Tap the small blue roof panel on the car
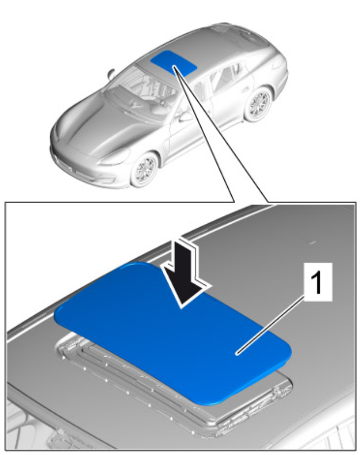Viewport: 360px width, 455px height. [x=174, y=63]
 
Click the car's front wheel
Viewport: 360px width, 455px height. [x=144, y=170]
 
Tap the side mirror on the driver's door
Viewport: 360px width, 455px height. [x=185, y=116]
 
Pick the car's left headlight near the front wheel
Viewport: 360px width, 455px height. [x=115, y=157]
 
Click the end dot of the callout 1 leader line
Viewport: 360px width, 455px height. [x=237, y=353]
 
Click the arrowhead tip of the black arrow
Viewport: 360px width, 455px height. [x=182, y=308]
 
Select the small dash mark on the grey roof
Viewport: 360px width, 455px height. [x=312, y=242]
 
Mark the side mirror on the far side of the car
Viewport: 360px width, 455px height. [x=111, y=73]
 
